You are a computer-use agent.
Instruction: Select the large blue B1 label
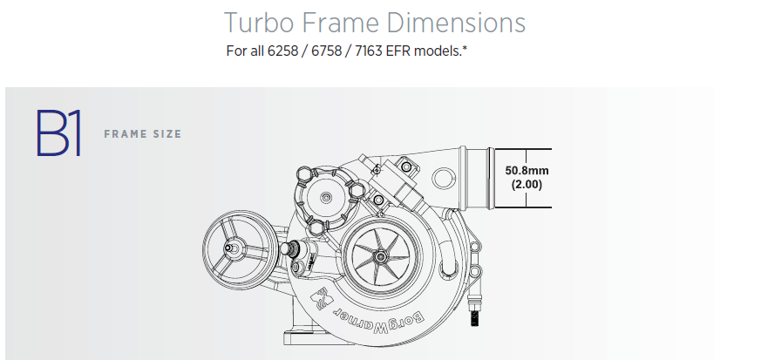point(58,133)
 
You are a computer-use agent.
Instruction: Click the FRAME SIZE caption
point(142,134)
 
